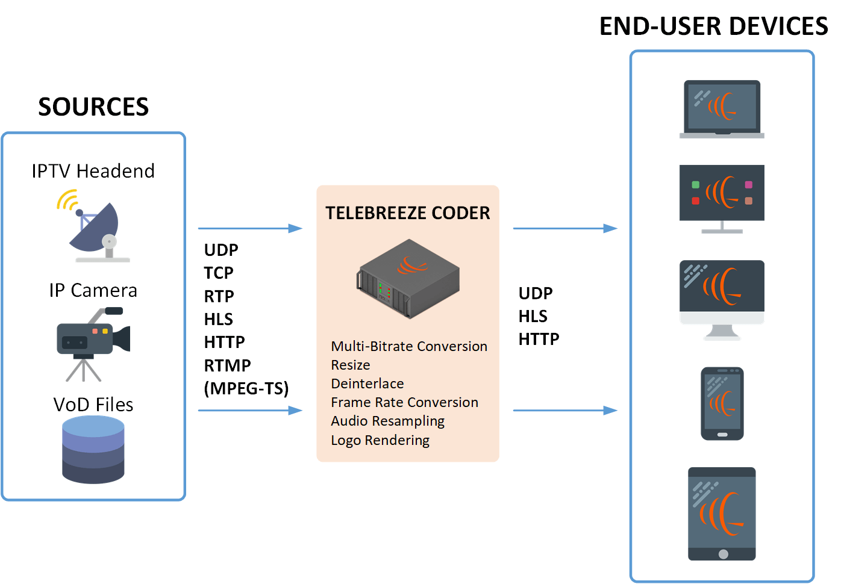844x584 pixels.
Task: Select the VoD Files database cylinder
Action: pos(93,450)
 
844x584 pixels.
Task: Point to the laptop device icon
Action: pos(722,109)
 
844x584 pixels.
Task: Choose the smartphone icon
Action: pos(722,403)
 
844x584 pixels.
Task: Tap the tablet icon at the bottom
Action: pos(722,514)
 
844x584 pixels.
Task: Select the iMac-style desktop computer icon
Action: pos(722,299)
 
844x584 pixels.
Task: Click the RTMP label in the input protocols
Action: pos(227,365)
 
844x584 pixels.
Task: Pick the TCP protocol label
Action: pos(218,273)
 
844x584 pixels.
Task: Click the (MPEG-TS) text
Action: pos(246,388)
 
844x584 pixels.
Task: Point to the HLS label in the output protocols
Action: pos(533,316)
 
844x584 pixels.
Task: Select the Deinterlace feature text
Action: pos(367,384)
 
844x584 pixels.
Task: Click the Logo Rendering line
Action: pos(380,440)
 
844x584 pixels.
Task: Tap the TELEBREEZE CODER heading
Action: pos(408,213)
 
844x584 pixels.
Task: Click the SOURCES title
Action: pos(93,107)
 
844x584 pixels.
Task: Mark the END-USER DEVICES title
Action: pos(714,26)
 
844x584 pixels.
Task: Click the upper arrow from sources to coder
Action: pos(250,228)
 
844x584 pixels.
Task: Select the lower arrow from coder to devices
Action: pos(564,411)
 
